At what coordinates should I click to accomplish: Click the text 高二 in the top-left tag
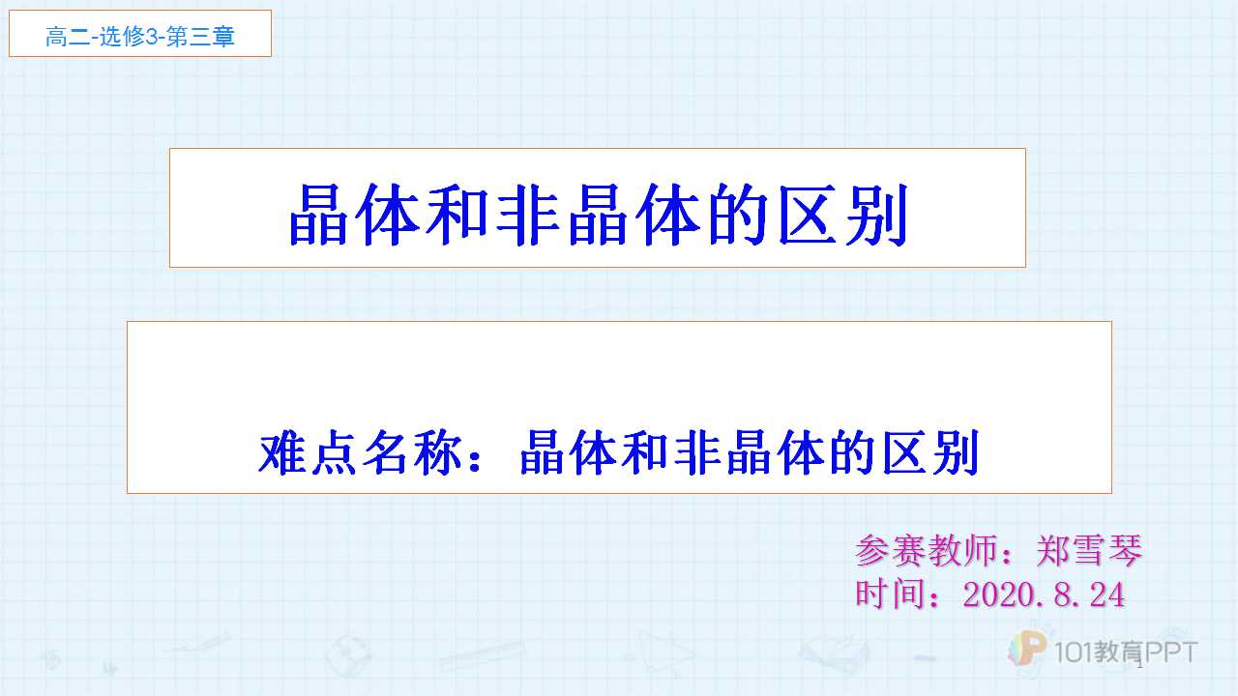pyautogui.click(x=68, y=37)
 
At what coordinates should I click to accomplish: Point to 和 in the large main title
pyautogui.click(x=457, y=215)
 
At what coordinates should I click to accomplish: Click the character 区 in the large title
pyautogui.click(x=808, y=215)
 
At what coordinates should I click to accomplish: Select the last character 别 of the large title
pyautogui.click(x=877, y=215)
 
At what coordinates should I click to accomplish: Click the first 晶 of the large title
pyautogui.click(x=318, y=215)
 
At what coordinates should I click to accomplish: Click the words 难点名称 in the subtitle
pyautogui.click(x=361, y=453)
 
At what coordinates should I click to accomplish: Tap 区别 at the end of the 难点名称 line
pyautogui.click(x=930, y=453)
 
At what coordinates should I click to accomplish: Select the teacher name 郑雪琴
pyautogui.click(x=1089, y=550)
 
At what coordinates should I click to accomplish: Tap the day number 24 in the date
pyautogui.click(x=1107, y=594)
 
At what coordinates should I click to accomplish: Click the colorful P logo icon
pyautogui.click(x=1027, y=648)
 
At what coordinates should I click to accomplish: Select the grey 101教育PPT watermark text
pyautogui.click(x=1125, y=652)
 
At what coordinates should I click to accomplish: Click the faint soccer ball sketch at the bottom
pyautogui.click(x=348, y=655)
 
